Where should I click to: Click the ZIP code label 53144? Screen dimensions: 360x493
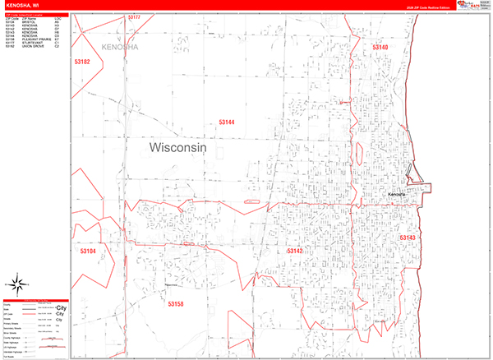pos(227,122)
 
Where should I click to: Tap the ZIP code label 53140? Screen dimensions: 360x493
pos(380,48)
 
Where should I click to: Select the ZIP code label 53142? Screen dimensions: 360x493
pos(295,251)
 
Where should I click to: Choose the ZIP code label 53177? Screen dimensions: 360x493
pos(134,17)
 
